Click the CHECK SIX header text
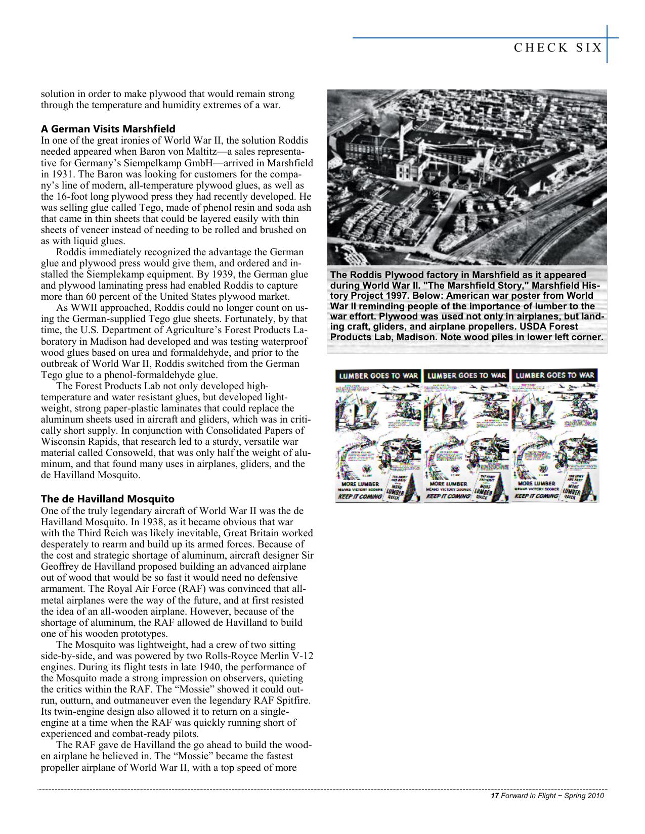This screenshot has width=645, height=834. [557, 48]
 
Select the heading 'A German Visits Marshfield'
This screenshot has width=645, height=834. [108, 128]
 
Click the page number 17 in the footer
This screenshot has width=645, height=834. [495, 796]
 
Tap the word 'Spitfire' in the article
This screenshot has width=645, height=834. [294, 701]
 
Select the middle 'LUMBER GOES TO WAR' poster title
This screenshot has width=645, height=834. [466, 376]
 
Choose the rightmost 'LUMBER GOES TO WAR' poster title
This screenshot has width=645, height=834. [555, 375]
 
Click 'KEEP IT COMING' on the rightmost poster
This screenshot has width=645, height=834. [536, 496]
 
